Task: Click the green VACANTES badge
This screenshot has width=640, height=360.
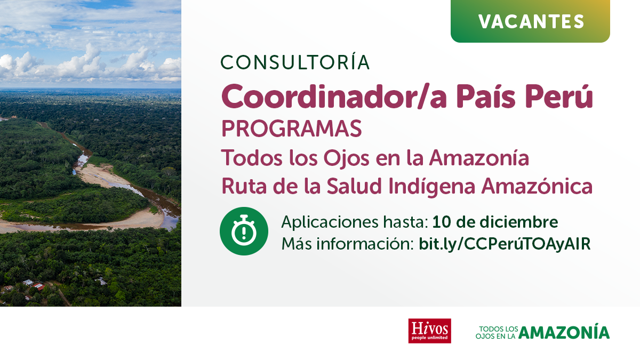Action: tap(530, 21)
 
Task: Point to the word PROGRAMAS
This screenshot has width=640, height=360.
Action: tap(292, 129)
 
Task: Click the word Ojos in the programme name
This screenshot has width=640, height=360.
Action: tap(346, 158)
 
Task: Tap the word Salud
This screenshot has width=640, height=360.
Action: tap(354, 186)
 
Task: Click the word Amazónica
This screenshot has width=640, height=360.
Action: tap(537, 186)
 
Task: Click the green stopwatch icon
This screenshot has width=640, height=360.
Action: tap(244, 231)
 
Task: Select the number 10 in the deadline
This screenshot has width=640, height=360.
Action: tap(442, 222)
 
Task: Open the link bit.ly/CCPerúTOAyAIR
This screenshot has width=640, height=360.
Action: tap(505, 244)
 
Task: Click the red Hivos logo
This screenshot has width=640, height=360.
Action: tap(430, 331)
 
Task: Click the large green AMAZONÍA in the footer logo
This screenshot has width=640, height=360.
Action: tap(564, 331)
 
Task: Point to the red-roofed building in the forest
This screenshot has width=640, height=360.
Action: tap(38, 286)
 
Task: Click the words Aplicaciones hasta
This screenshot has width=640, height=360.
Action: tap(355, 222)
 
